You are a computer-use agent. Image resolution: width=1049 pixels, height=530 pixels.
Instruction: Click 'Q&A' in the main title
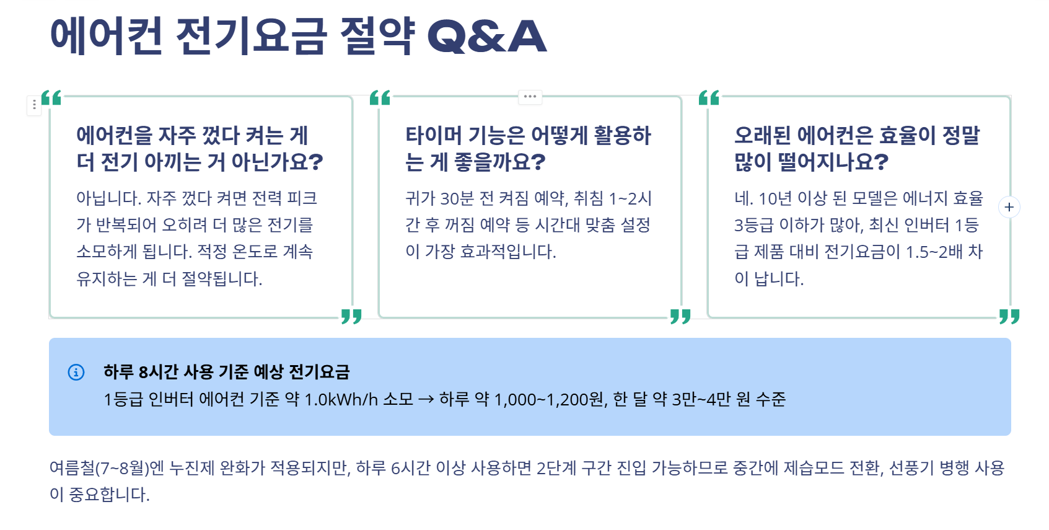[487, 36]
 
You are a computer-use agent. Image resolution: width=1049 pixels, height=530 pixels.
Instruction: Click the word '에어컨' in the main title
[106, 36]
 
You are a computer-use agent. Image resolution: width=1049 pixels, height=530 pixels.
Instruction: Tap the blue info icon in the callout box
[76, 372]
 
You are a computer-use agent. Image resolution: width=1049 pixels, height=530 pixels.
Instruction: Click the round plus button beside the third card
[1009, 207]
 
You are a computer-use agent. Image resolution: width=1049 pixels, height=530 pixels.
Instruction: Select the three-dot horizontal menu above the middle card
[530, 97]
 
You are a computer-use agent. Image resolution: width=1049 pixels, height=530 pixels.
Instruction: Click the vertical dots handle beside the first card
[34, 105]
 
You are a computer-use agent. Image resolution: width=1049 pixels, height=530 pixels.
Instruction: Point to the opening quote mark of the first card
[51, 98]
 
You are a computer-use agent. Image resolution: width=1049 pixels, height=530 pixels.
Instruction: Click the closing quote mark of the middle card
[680, 316]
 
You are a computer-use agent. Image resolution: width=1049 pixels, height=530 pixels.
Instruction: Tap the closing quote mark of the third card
[1009, 316]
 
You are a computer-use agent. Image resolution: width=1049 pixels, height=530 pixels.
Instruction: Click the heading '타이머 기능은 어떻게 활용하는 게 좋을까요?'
[528, 149]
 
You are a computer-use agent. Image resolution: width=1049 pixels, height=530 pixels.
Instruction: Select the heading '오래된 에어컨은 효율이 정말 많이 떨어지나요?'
[857, 149]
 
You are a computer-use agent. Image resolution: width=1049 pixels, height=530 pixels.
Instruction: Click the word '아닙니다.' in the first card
[109, 198]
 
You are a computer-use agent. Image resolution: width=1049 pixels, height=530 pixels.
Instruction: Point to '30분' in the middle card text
[457, 198]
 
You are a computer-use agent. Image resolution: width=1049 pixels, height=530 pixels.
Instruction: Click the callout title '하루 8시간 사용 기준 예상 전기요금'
[227, 372]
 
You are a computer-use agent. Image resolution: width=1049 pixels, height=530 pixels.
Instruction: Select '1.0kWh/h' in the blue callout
[341, 399]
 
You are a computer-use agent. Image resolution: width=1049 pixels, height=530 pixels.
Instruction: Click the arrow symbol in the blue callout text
[426, 399]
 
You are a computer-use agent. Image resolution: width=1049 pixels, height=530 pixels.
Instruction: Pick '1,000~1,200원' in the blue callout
[549, 399]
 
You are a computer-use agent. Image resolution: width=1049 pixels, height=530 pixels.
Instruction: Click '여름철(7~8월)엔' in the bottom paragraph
[107, 467]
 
